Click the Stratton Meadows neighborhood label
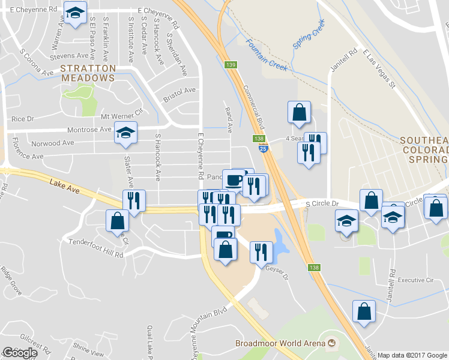(x=88, y=73)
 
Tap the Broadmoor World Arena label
(x=280, y=344)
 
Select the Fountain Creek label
(x=267, y=53)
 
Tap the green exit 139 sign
(x=231, y=64)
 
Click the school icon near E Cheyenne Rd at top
(x=75, y=13)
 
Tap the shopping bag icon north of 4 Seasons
(x=299, y=112)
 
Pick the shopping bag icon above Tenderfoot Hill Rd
(x=116, y=221)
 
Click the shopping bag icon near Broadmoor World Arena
(x=364, y=311)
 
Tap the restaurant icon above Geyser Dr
(x=261, y=251)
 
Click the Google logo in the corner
(x=20, y=352)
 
